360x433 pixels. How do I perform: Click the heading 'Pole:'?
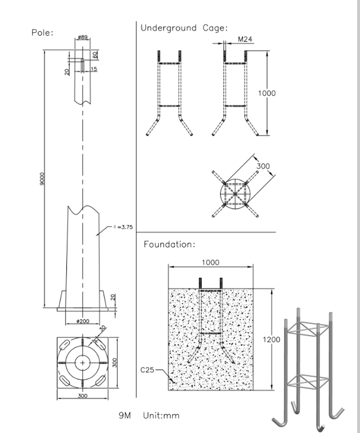[x=43, y=33]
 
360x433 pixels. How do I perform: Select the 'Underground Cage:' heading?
[x=184, y=28]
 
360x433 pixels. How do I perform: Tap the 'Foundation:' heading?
[x=169, y=245]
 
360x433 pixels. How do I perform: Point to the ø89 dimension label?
[x=82, y=37]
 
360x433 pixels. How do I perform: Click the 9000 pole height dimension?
[x=41, y=180]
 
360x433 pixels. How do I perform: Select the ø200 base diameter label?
[x=82, y=321]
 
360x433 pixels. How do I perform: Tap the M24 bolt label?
[x=244, y=40]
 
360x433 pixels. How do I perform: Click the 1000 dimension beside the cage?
[x=266, y=93]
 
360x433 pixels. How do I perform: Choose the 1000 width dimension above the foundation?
[x=210, y=262]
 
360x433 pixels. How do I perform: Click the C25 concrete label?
[x=148, y=370]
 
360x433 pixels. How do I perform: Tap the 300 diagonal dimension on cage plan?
[x=263, y=166]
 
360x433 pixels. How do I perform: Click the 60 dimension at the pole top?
[x=95, y=54]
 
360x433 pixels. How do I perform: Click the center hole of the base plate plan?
[x=83, y=362]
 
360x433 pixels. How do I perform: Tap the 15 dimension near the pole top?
[x=94, y=69]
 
